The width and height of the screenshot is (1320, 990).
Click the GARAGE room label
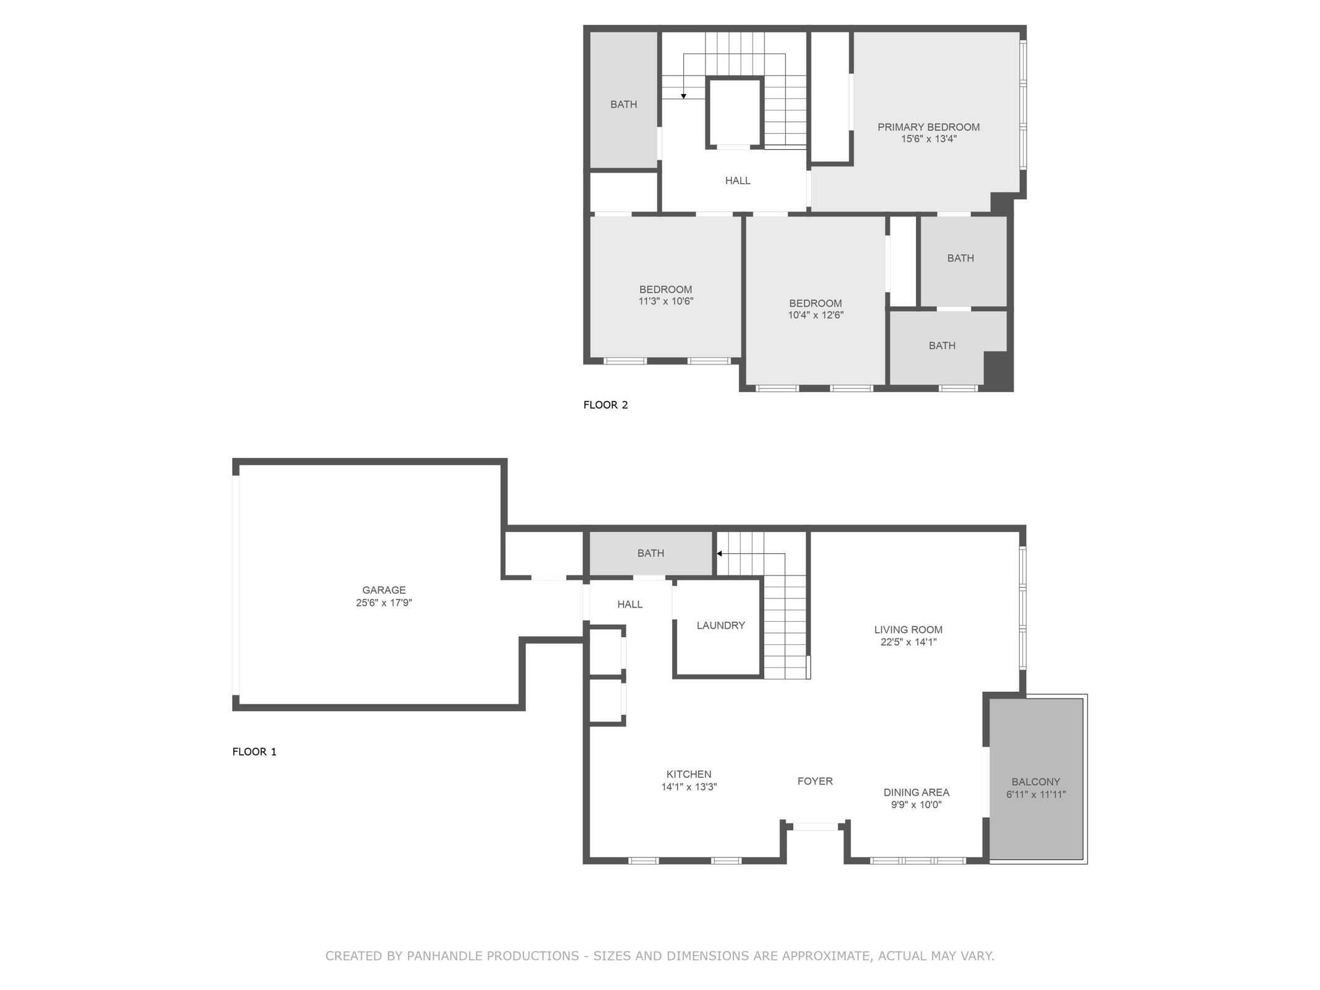pyautogui.click(x=384, y=590)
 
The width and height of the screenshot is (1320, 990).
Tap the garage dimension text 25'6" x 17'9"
pyautogui.click(x=384, y=603)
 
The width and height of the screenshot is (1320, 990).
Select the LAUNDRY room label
pyautogui.click(x=720, y=625)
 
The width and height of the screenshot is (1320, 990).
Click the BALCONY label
pyautogui.click(x=1035, y=781)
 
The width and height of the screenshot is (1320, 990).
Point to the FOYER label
pyautogui.click(x=814, y=781)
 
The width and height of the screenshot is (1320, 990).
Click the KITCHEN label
pyautogui.click(x=688, y=774)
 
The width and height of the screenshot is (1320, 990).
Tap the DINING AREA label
pyautogui.click(x=916, y=792)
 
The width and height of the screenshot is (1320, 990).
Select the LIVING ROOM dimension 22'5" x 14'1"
pyautogui.click(x=908, y=642)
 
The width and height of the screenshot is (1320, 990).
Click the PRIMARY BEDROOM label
pyautogui.click(x=928, y=127)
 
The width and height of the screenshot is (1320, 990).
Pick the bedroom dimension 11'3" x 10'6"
pyautogui.click(x=665, y=301)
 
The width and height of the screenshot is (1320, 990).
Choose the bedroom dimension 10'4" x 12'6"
pyautogui.click(x=815, y=315)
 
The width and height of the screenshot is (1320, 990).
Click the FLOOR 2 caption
pyautogui.click(x=605, y=405)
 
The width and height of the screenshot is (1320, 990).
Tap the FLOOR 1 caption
pyautogui.click(x=254, y=751)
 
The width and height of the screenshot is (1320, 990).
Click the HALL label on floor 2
pyautogui.click(x=737, y=181)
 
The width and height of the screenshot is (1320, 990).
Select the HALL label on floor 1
pyautogui.click(x=629, y=604)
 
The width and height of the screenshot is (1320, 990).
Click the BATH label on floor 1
pyautogui.click(x=650, y=553)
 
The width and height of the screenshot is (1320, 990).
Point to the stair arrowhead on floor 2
pyautogui.click(x=683, y=96)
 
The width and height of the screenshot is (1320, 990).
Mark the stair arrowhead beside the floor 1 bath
pyautogui.click(x=719, y=553)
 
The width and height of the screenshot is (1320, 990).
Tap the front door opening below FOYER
pyautogui.click(x=815, y=827)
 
